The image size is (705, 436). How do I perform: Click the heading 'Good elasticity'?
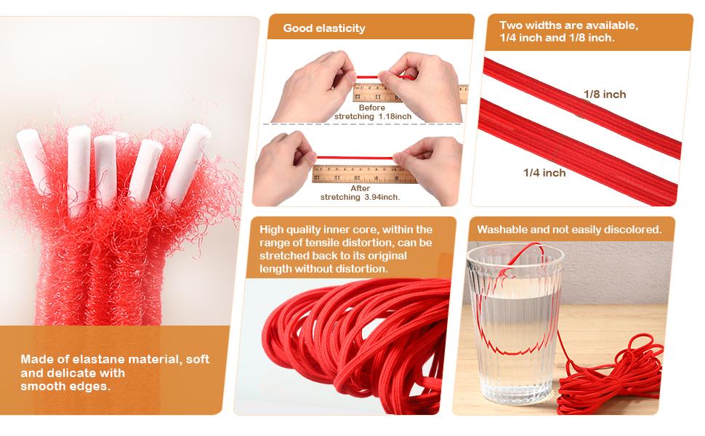tap(324, 28)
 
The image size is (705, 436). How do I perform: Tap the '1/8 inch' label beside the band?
tap(604, 94)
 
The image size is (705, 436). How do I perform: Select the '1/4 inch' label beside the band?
tap(544, 173)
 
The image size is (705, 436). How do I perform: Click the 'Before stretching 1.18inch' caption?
tap(373, 112)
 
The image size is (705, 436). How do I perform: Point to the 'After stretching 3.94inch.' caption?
tap(360, 193)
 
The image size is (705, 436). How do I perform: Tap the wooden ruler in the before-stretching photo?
tap(409, 92)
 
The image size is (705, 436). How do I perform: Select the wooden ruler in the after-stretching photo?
tap(365, 174)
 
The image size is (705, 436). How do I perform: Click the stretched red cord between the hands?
tap(355, 158)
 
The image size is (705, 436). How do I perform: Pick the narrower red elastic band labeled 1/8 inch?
tap(582, 107)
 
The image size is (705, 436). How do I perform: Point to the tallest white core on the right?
tap(188, 164)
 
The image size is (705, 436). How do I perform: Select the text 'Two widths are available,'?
tap(568, 25)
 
